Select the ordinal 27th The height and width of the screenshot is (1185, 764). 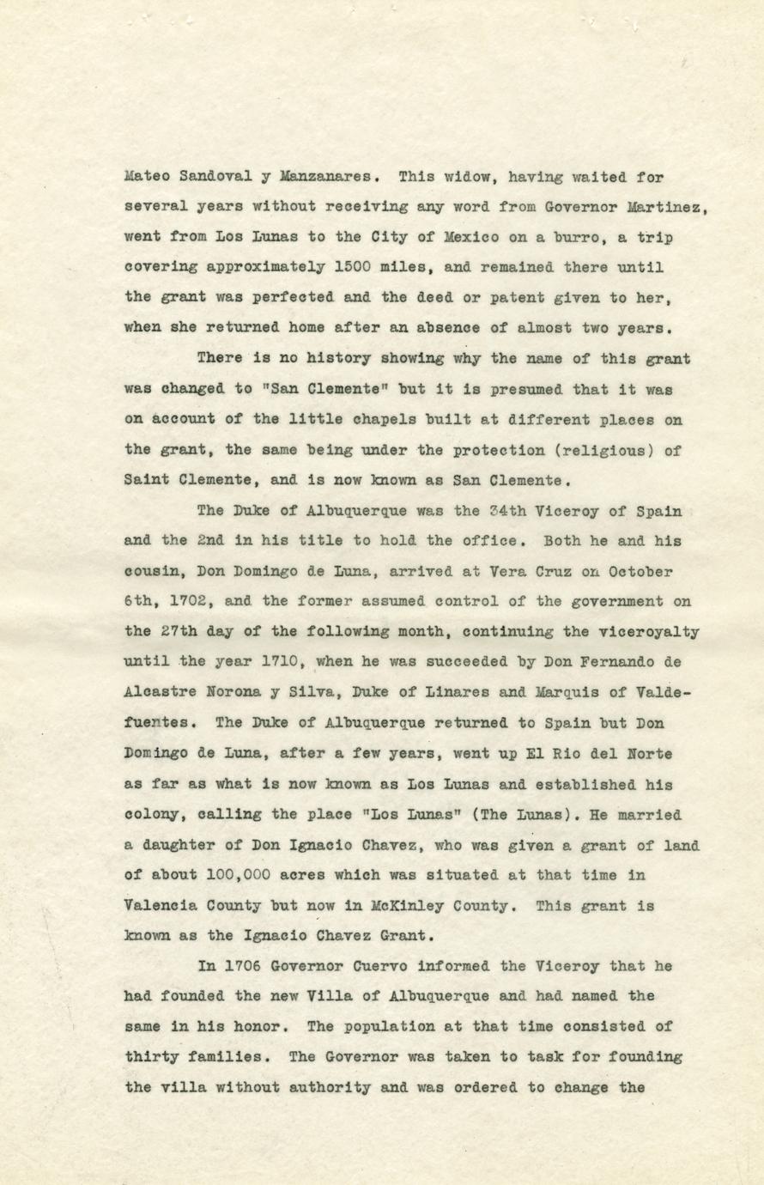click(178, 632)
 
